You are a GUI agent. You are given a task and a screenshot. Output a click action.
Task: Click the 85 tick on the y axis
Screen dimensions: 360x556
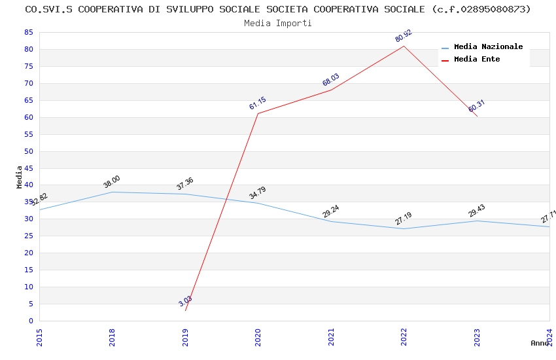coord(28,32)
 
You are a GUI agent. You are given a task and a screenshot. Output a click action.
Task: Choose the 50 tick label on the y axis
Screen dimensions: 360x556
coord(28,151)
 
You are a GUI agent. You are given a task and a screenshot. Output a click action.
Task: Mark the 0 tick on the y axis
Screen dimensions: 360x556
coord(31,321)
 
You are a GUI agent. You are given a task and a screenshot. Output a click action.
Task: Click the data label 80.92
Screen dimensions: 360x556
coord(404,36)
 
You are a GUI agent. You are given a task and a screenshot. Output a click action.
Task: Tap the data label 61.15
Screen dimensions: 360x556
coord(258,103)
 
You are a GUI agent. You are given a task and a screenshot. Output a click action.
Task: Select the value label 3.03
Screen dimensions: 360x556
coord(186,301)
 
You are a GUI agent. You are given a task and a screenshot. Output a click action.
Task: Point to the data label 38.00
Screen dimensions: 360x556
coord(112,182)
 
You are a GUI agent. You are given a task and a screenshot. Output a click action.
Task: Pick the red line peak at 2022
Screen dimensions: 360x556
coord(404,46)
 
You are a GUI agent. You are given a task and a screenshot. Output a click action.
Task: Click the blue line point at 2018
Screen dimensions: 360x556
coord(113,192)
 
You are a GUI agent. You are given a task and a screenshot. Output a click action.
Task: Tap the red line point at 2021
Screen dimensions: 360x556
coord(331,90)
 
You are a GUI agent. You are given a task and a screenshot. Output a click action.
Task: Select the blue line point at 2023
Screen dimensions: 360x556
coord(477,221)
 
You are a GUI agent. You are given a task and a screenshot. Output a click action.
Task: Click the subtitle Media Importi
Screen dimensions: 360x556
coord(278,23)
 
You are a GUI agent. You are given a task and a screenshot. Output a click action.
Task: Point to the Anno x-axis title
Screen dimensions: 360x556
coord(540,343)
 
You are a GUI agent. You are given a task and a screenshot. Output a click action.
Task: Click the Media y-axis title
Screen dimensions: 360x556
coord(20,177)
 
